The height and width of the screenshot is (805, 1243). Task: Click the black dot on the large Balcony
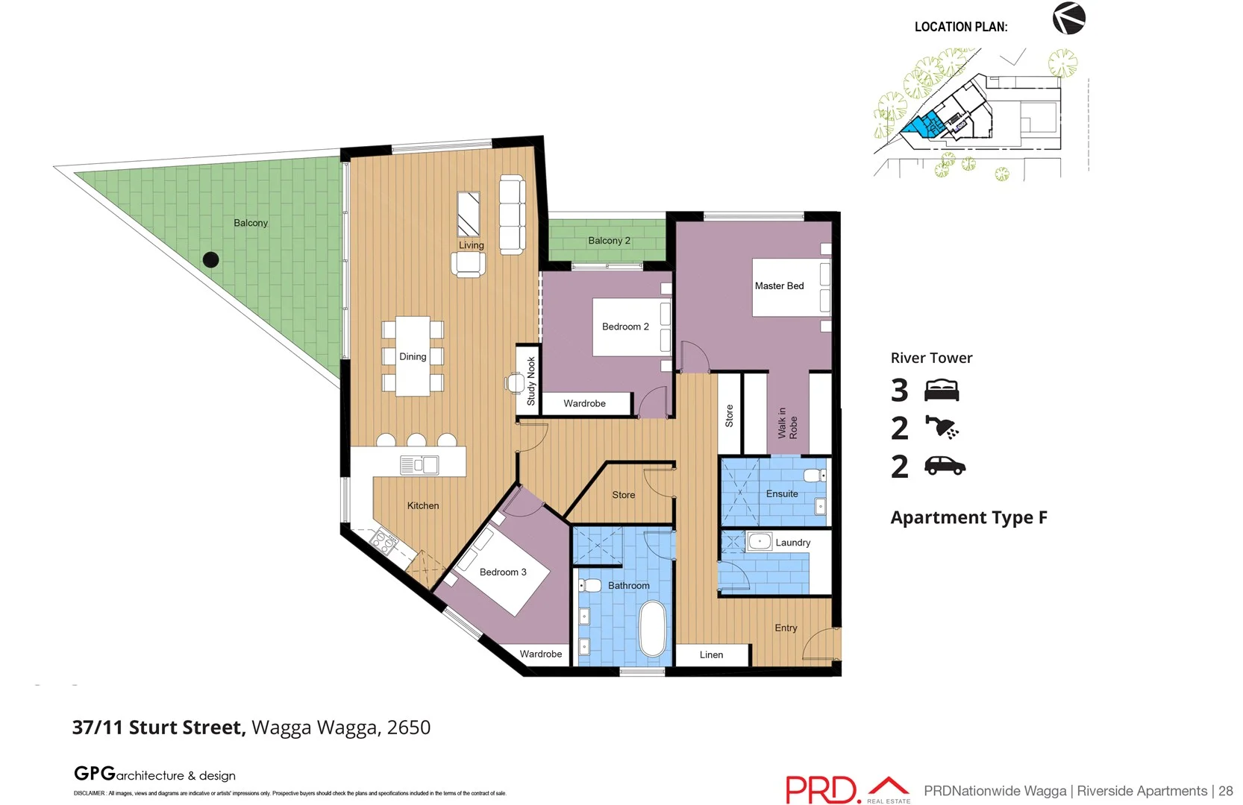(211, 259)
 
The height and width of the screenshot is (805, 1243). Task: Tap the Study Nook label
(531, 381)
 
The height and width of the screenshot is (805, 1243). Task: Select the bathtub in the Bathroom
(653, 628)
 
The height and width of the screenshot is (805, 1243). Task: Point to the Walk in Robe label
(787, 423)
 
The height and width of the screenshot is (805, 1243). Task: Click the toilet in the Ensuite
(814, 475)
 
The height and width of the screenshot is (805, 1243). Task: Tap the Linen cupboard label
(711, 655)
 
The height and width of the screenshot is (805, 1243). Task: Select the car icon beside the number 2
(945, 467)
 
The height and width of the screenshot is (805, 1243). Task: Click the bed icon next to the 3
(942, 390)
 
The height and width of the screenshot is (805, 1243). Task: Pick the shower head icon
(942, 428)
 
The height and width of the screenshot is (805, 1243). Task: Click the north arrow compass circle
(1068, 19)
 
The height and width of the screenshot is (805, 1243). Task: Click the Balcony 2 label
(609, 241)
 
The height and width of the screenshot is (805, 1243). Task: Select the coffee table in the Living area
(469, 214)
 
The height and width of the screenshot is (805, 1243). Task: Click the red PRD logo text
(821, 790)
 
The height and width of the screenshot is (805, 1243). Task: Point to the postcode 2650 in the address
(409, 727)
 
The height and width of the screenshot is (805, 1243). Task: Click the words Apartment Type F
(968, 517)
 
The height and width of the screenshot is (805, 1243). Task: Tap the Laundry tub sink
(760, 542)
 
